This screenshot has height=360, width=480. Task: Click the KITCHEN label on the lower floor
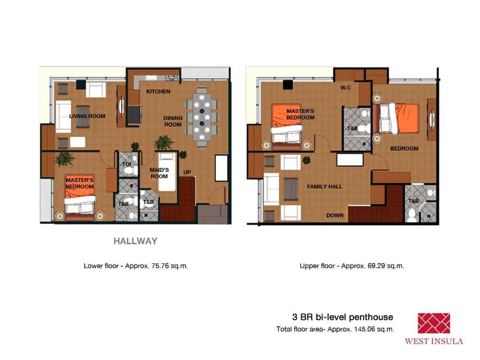158,91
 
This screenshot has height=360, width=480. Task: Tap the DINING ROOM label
172,121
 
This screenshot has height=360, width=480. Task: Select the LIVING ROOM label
87,116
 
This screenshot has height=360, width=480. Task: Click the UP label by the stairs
187,172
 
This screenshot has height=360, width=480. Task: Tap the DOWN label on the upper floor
335,216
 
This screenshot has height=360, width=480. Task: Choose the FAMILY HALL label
324,187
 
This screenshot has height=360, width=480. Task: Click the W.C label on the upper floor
346,88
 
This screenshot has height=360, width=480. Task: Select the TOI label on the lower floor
126,165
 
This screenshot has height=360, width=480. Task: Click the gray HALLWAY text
135,242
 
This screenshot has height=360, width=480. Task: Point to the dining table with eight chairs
202,117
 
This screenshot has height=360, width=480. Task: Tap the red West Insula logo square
434,323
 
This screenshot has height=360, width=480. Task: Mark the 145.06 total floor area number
365,329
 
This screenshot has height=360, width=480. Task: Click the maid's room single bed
166,172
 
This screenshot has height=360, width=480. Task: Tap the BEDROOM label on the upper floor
404,149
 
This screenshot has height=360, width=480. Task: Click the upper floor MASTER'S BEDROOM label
300,114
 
